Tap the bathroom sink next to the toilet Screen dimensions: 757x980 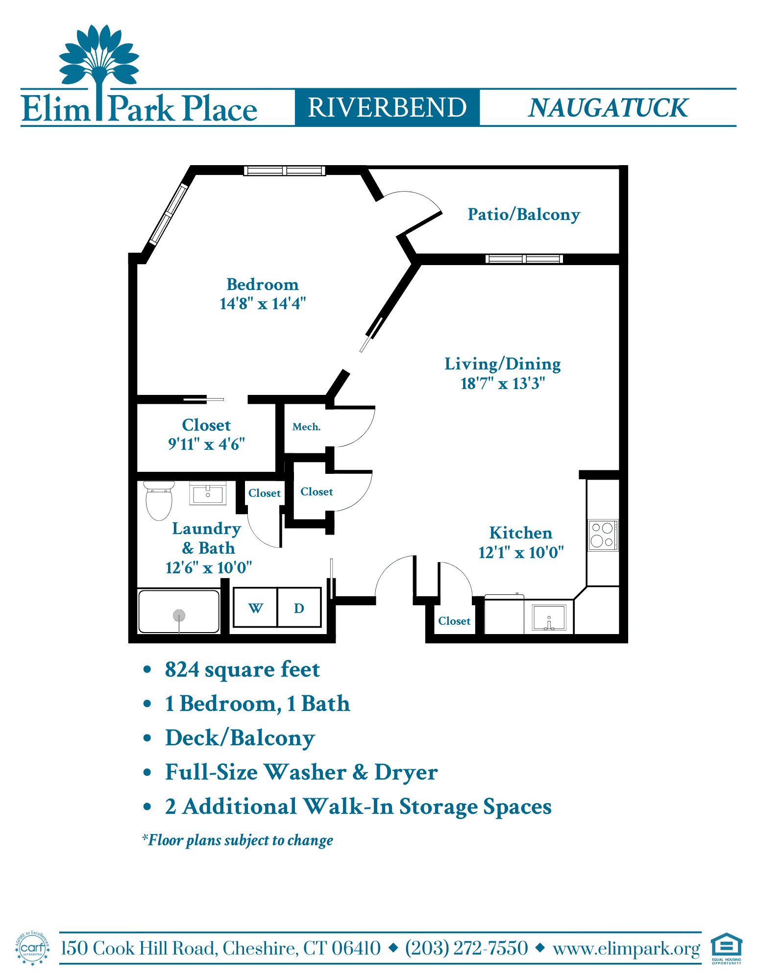click(208, 494)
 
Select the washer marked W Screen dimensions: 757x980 click(255, 608)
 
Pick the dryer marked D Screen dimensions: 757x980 click(299, 608)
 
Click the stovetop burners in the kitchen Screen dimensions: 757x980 click(603, 535)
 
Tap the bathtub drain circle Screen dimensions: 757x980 click(179, 615)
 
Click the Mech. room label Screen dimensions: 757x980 click(306, 427)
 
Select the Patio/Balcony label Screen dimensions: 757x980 click(524, 215)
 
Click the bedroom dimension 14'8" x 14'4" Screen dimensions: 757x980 click(263, 304)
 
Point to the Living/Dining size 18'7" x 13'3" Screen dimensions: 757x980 click(503, 383)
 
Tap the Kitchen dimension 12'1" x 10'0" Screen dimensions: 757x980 click(521, 553)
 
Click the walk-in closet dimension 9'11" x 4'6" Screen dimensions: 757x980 click(206, 444)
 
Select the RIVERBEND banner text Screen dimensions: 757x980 click(387, 108)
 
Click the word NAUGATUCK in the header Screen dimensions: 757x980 click(608, 108)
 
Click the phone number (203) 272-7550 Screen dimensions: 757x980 click(466, 948)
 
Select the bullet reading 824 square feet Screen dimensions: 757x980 click(242, 670)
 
